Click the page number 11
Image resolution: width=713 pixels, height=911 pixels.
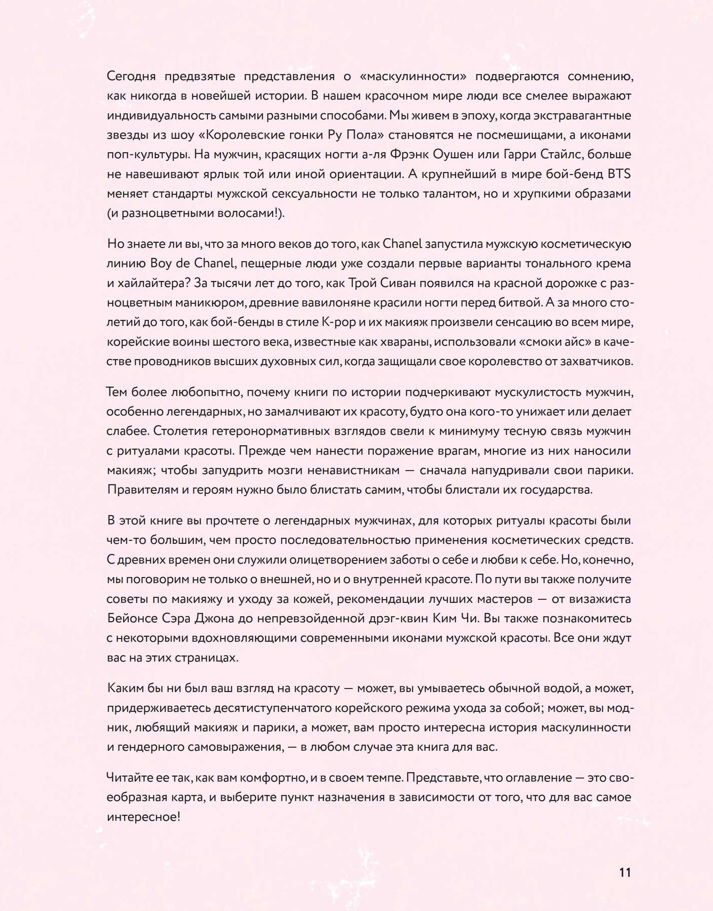point(625,872)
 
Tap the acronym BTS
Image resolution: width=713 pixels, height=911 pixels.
point(619,174)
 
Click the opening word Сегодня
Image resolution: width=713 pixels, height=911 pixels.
point(131,76)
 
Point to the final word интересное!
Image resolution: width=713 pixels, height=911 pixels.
point(143,817)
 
